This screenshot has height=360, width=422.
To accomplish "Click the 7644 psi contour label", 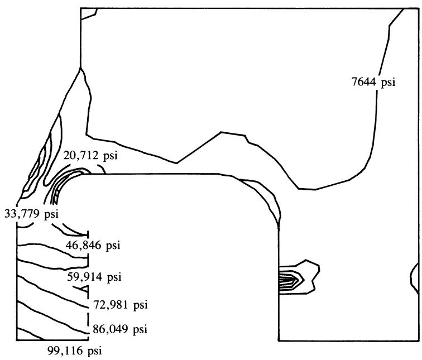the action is pyautogui.click(x=373, y=82).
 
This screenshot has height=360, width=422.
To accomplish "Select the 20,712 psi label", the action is pyautogui.click(x=90, y=156).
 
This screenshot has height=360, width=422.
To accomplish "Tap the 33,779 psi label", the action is pyautogui.click(x=31, y=214).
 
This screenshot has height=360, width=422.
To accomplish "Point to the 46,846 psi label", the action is pyautogui.click(x=93, y=245).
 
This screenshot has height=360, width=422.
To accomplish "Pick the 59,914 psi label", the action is pyautogui.click(x=94, y=277).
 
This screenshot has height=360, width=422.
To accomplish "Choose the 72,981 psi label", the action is pyautogui.click(x=121, y=305).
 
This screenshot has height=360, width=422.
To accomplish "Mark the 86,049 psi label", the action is pyautogui.click(x=120, y=329).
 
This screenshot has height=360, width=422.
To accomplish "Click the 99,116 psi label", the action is pyautogui.click(x=75, y=351).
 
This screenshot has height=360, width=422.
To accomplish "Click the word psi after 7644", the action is pyautogui.click(x=388, y=83).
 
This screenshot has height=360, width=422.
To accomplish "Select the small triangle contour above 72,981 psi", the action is pyautogui.click(x=82, y=289).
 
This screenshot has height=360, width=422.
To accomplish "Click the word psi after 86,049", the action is pyautogui.click(x=140, y=329).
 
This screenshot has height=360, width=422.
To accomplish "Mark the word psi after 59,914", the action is pyautogui.click(x=114, y=277).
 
